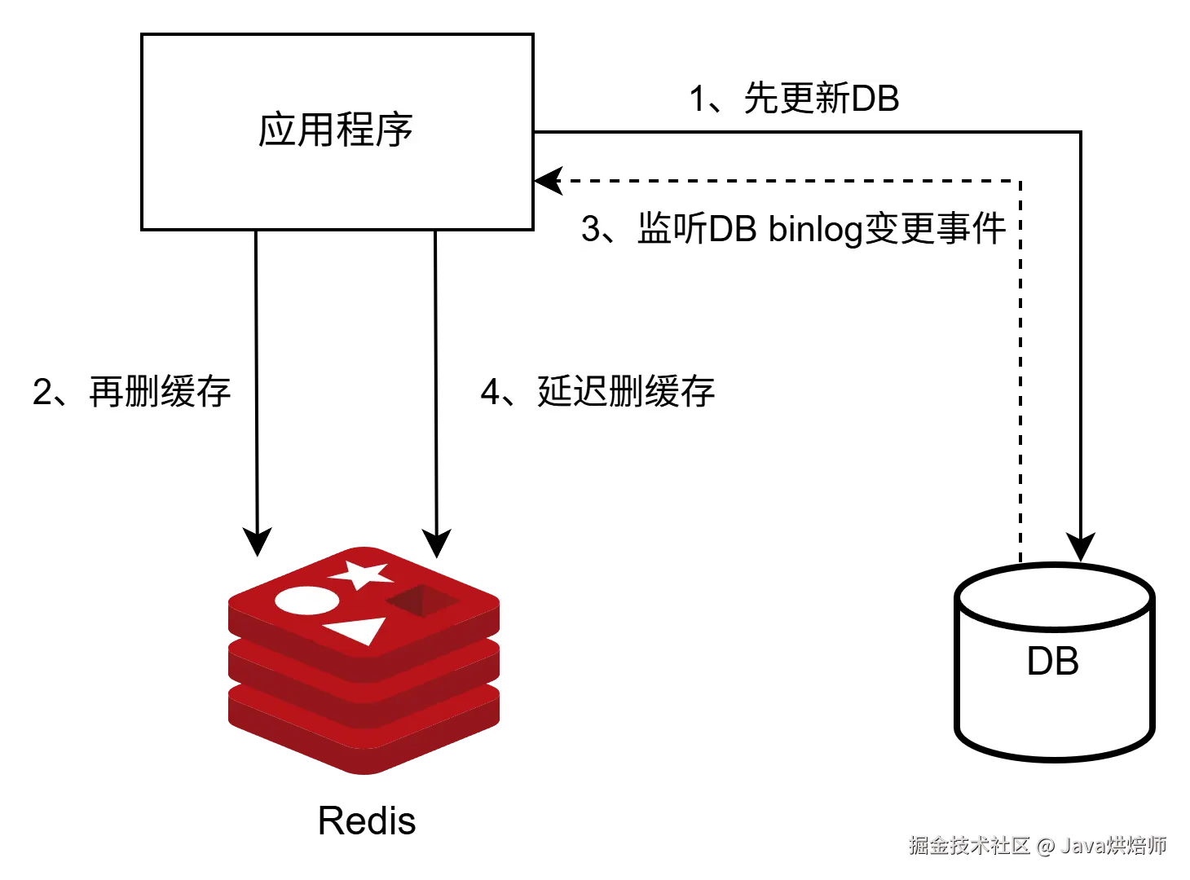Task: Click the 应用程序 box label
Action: click(x=335, y=130)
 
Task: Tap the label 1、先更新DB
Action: click(x=794, y=99)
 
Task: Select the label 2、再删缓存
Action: click(x=131, y=391)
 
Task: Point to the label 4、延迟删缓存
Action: click(x=597, y=391)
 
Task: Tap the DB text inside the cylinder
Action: click(x=1052, y=661)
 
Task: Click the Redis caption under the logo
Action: click(x=367, y=821)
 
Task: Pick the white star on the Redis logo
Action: click(x=360, y=574)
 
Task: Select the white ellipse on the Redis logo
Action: click(x=306, y=601)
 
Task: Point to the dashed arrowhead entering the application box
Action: click(x=548, y=181)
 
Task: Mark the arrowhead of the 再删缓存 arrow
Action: click(x=257, y=542)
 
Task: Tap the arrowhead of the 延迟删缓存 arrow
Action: click(x=436, y=543)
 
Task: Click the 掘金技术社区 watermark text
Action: click(x=969, y=846)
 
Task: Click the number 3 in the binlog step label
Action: click(x=591, y=229)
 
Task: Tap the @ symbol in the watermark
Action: click(x=1046, y=847)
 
